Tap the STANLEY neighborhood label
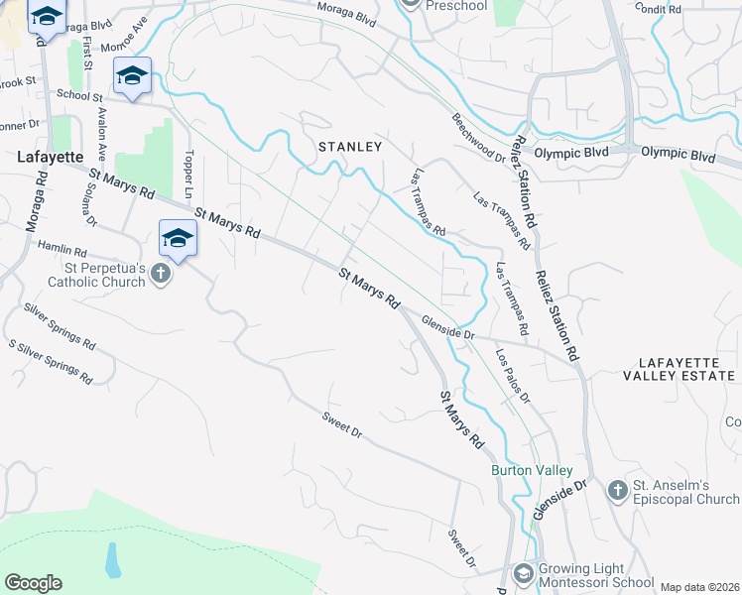[x=349, y=147]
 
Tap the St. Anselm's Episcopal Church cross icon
[x=617, y=489]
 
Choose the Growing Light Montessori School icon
[x=523, y=573]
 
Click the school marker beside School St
[x=132, y=75]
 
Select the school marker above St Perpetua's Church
[x=178, y=238]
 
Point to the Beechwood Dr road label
[x=479, y=135]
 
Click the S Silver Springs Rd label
[x=51, y=362]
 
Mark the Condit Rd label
[x=661, y=9]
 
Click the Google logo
[x=33, y=583]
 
